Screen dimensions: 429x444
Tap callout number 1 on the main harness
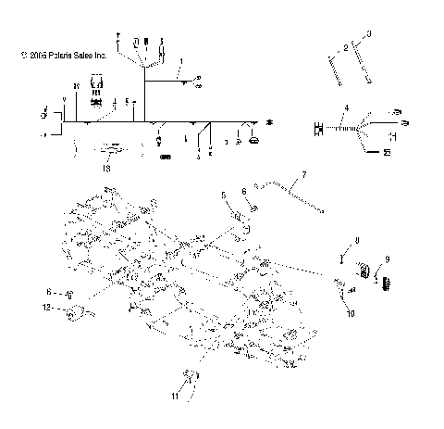(182, 61)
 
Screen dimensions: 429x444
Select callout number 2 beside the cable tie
(344, 45)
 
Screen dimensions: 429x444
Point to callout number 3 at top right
(367, 33)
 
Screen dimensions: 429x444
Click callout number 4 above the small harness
(346, 109)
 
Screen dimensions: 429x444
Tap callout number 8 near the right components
(357, 242)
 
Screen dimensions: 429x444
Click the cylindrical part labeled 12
(79, 312)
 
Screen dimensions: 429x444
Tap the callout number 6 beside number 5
(245, 192)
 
